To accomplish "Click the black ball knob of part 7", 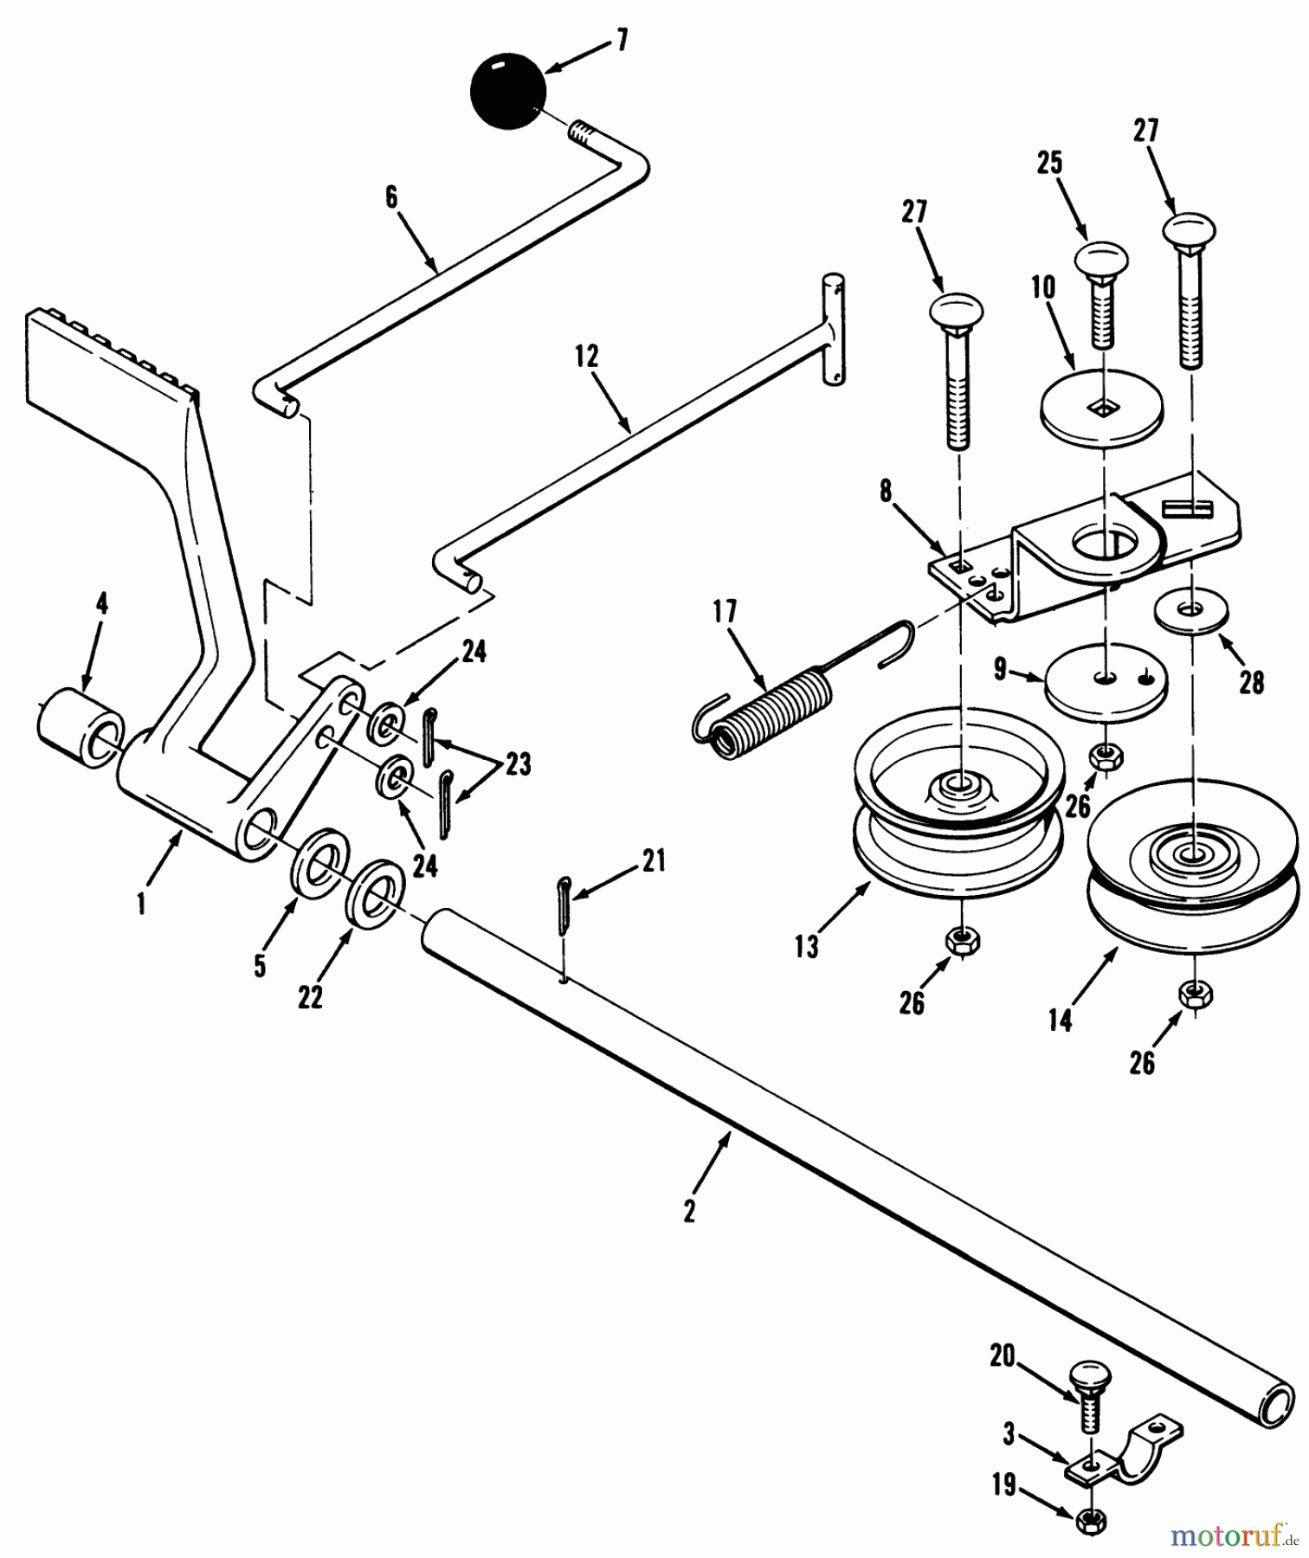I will tap(508, 93).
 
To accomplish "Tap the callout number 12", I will tap(587, 357).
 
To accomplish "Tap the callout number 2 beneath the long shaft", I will tap(688, 1212).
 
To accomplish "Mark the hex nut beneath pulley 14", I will tap(1196, 995).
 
